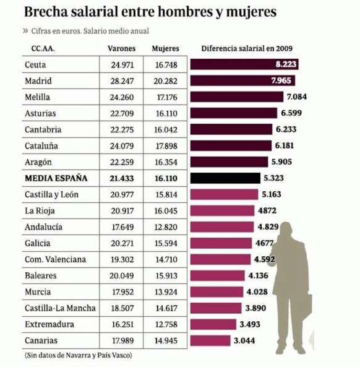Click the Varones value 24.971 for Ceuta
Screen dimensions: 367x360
(122, 65)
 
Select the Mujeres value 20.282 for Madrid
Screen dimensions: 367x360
(165, 81)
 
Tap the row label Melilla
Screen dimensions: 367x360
(38, 97)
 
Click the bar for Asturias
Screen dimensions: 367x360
(233, 113)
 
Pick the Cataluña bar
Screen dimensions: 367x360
(231, 145)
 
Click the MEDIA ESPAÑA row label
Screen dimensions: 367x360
(56, 178)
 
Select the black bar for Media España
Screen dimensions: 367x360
(225, 178)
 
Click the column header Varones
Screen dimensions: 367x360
(121, 48)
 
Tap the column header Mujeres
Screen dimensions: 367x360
(165, 48)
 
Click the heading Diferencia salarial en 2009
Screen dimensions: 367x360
(247, 48)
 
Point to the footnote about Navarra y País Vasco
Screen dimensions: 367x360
(79, 356)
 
